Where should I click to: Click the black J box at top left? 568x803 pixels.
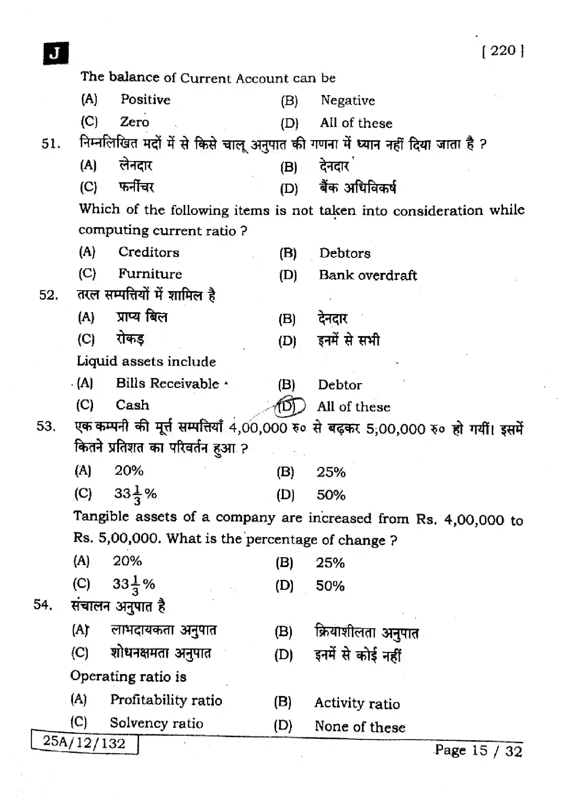pos(56,54)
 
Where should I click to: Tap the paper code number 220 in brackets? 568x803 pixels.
pos(503,51)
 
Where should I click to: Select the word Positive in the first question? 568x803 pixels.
pos(146,100)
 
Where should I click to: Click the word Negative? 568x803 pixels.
pos(348,101)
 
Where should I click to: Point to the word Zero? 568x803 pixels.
pos(134,122)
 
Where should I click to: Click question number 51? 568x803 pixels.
pos(51,144)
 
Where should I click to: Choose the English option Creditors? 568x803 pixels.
pos(149,252)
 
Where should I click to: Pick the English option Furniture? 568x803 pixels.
pos(150,274)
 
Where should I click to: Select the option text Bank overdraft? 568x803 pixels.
pos(367,275)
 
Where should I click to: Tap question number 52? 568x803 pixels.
pos(49,295)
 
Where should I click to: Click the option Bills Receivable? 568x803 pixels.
pos(167,384)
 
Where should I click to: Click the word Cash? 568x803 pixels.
pos(132,405)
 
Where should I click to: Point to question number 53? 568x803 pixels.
pos(46,426)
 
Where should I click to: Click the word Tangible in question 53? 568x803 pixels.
pos(101,517)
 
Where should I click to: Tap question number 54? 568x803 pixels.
pos(43,604)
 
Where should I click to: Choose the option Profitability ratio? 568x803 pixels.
pos(166,700)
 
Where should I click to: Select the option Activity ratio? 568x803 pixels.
pos(357,703)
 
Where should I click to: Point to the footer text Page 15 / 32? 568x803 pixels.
pos(478,751)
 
